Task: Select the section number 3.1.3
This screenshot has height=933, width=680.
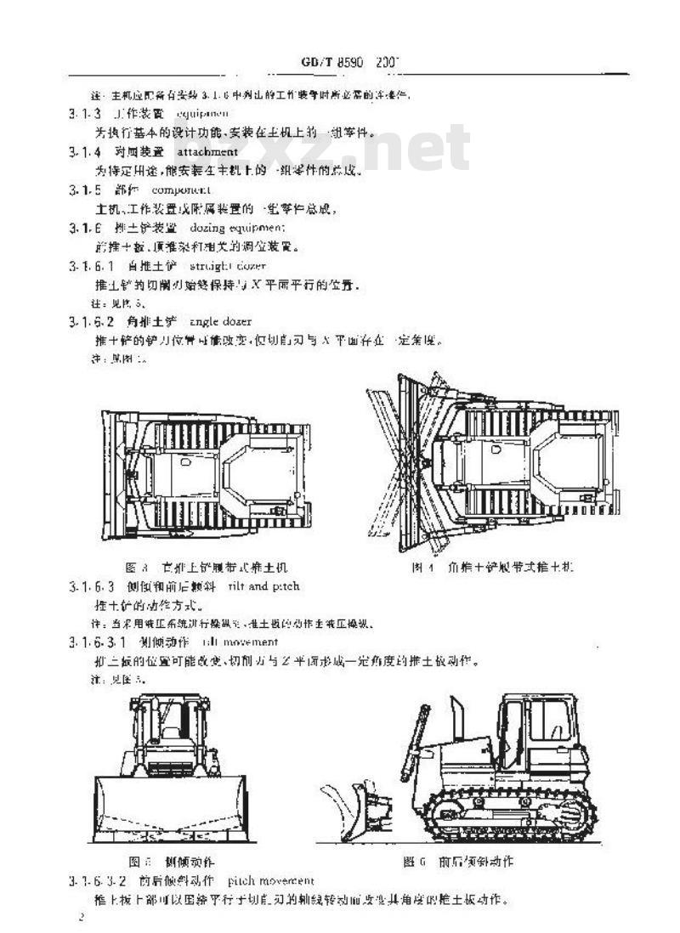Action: (85, 113)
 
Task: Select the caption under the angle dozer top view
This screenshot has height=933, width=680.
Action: (493, 567)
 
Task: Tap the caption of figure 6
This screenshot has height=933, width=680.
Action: (459, 862)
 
